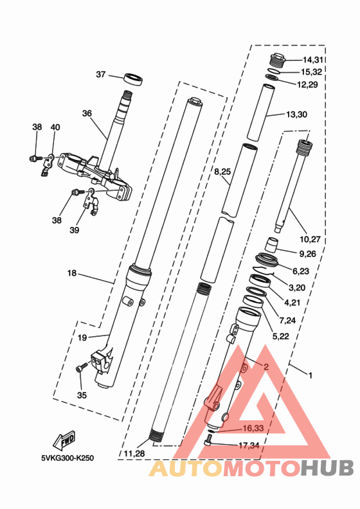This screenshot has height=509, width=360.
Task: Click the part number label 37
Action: [x=100, y=75]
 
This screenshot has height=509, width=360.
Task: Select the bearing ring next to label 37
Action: [x=133, y=79]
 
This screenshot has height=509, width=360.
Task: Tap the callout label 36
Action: [x=87, y=113]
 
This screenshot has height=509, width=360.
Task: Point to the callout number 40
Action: [x=55, y=127]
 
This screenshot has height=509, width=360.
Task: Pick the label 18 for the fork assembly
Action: [x=71, y=273]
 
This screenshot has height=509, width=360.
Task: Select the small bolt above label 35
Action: [x=80, y=368]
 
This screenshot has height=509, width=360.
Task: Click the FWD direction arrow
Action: [x=67, y=442]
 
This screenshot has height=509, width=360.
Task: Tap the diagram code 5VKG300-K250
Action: [x=67, y=459]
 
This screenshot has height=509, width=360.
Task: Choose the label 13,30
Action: [x=296, y=114]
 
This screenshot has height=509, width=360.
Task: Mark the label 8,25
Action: [x=222, y=172]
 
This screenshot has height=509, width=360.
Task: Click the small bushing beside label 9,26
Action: [x=271, y=245]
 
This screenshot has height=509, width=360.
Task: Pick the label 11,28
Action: [x=134, y=454]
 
